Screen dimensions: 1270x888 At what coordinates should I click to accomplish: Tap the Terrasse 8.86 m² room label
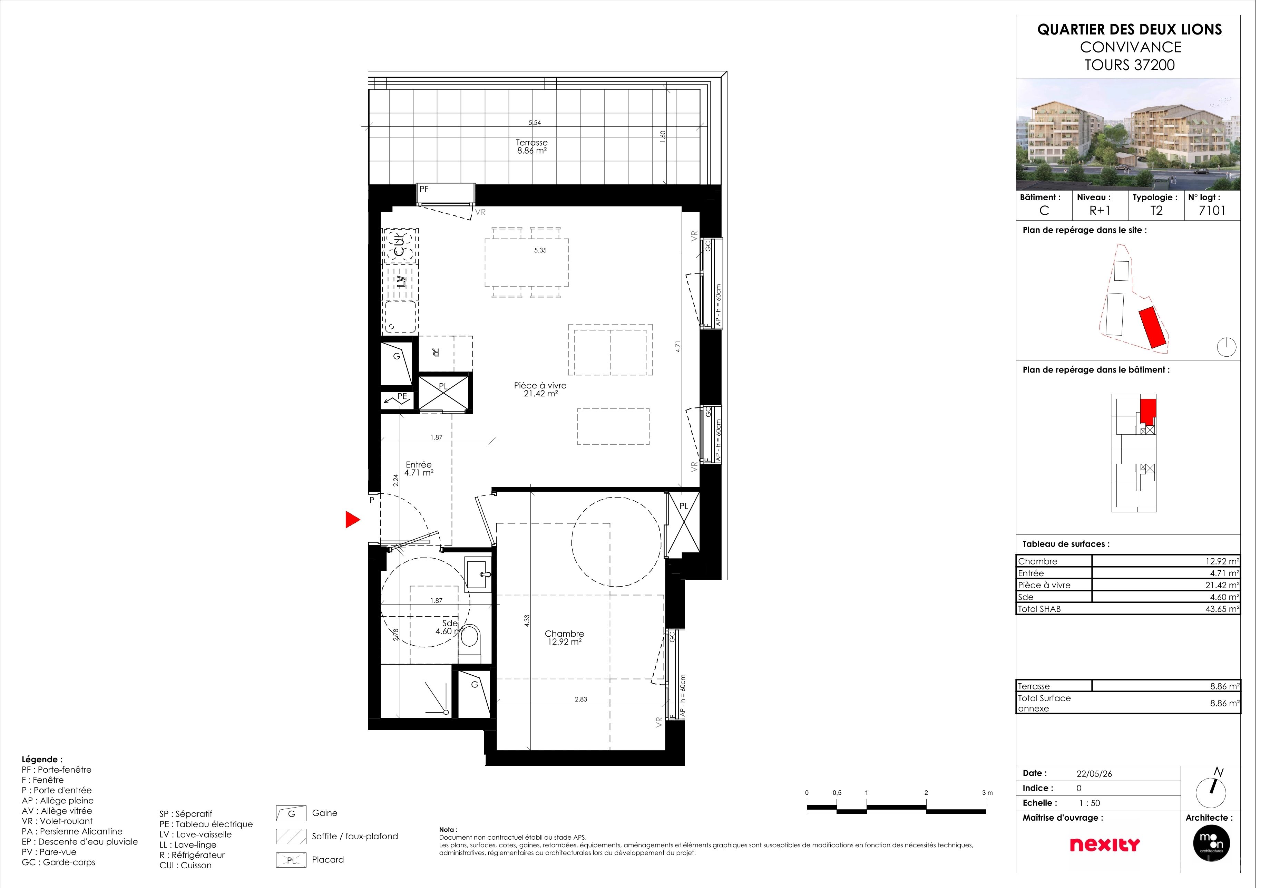(x=538, y=148)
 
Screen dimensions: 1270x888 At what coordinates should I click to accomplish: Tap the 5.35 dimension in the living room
(x=547, y=253)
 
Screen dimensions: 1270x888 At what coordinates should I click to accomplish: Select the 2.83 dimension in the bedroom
(x=587, y=707)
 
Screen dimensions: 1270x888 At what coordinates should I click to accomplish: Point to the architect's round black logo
(x=1225, y=853)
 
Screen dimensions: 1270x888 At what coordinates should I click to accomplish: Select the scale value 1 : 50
(x=1102, y=812)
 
